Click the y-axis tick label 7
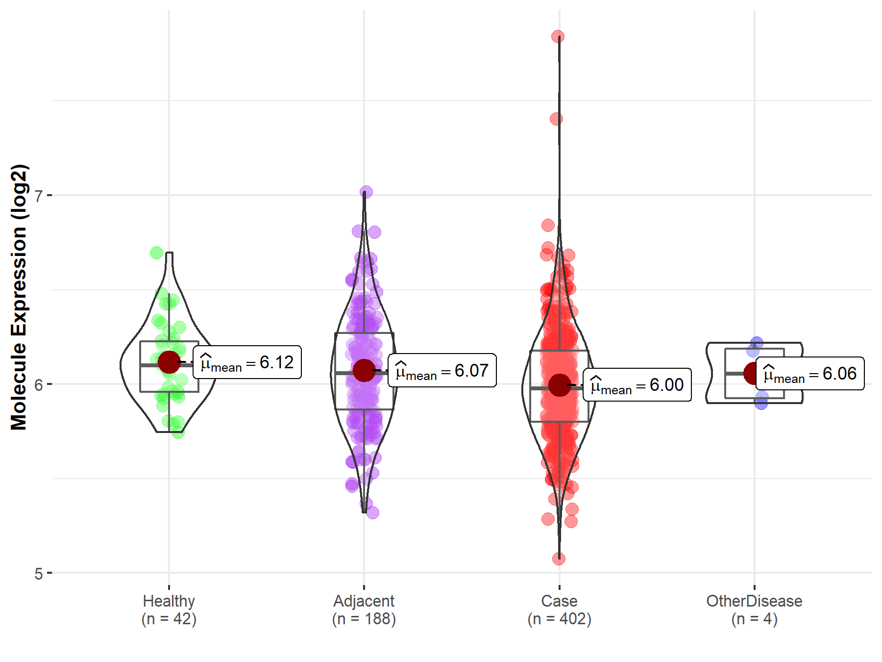(x=38, y=196)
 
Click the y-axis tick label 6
(x=38, y=384)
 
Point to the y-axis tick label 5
(x=38, y=573)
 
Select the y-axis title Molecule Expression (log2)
(x=19, y=297)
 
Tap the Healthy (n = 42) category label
(x=169, y=610)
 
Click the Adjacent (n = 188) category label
(x=364, y=610)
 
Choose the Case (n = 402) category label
(x=560, y=610)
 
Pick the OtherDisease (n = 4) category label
(x=754, y=610)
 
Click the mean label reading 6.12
(x=247, y=363)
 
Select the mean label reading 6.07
(x=442, y=371)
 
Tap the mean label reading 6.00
(x=637, y=385)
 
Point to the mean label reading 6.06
(x=810, y=374)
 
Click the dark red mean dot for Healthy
(x=169, y=362)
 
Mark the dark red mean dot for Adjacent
(x=364, y=370)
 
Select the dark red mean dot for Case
(x=560, y=385)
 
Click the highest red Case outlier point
(x=558, y=36)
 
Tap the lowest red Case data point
(x=559, y=559)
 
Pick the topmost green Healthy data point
(x=156, y=253)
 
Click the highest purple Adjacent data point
(x=366, y=192)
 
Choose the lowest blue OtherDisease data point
(x=761, y=403)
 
